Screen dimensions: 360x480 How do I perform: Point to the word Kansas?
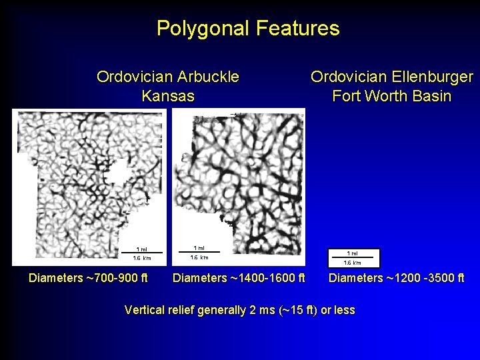(x=168, y=96)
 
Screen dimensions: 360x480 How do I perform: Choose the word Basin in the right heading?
(x=431, y=96)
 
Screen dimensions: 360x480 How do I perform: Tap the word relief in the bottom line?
(x=185, y=310)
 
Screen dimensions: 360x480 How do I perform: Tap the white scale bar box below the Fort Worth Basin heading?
(x=353, y=257)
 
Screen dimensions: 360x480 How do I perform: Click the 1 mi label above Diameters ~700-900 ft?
(x=143, y=250)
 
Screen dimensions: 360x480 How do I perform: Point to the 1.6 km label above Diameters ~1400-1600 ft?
(x=199, y=257)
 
